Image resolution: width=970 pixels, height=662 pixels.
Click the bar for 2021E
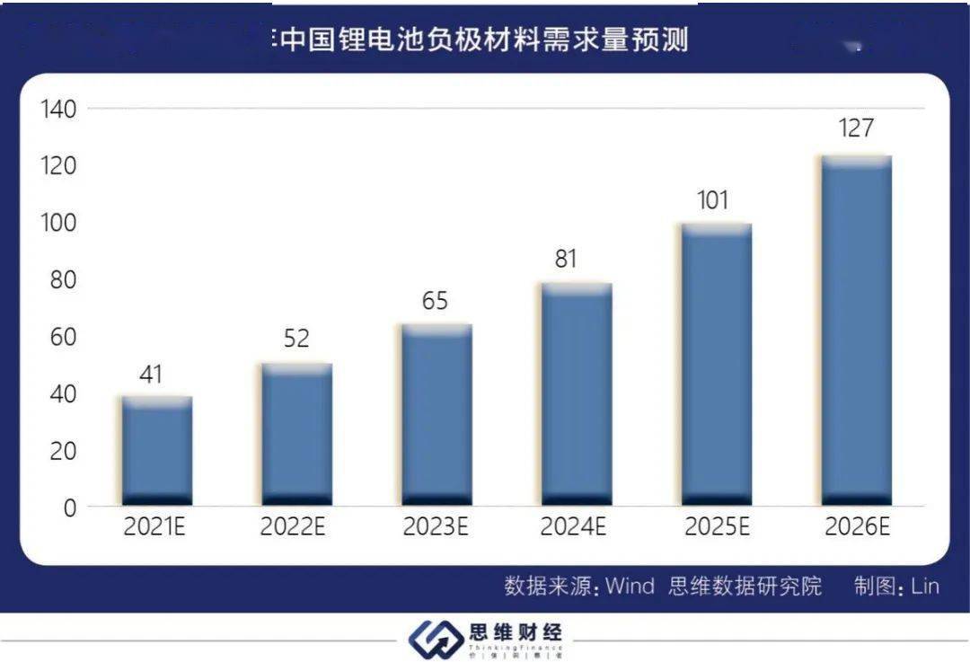click(157, 449)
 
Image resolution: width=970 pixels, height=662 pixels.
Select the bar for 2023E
click(436, 413)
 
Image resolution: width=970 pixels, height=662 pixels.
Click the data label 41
click(151, 374)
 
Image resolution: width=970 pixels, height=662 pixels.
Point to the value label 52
click(296, 339)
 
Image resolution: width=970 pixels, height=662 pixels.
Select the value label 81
click(566, 260)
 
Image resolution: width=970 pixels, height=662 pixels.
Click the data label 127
click(855, 128)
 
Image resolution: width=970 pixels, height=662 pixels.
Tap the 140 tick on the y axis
click(58, 110)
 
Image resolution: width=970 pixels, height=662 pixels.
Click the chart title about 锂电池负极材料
click(485, 40)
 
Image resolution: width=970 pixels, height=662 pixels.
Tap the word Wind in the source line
click(630, 587)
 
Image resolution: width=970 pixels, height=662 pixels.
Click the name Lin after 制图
click(924, 587)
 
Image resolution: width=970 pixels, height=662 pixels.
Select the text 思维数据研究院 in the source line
click(745, 587)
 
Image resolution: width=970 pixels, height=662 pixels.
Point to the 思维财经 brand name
click(515, 632)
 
